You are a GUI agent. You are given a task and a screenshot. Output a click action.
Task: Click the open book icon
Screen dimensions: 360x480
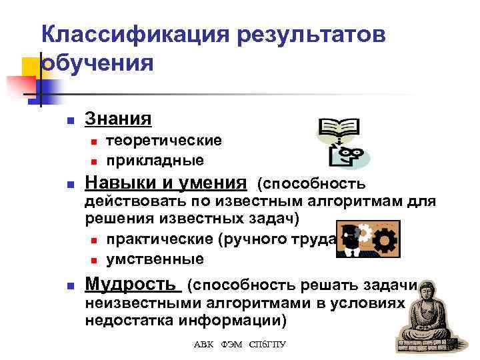click(339, 128)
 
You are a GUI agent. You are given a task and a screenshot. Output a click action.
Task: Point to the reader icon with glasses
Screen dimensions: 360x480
click(350, 157)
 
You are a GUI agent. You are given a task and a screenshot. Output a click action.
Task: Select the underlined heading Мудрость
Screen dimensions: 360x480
click(133, 285)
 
